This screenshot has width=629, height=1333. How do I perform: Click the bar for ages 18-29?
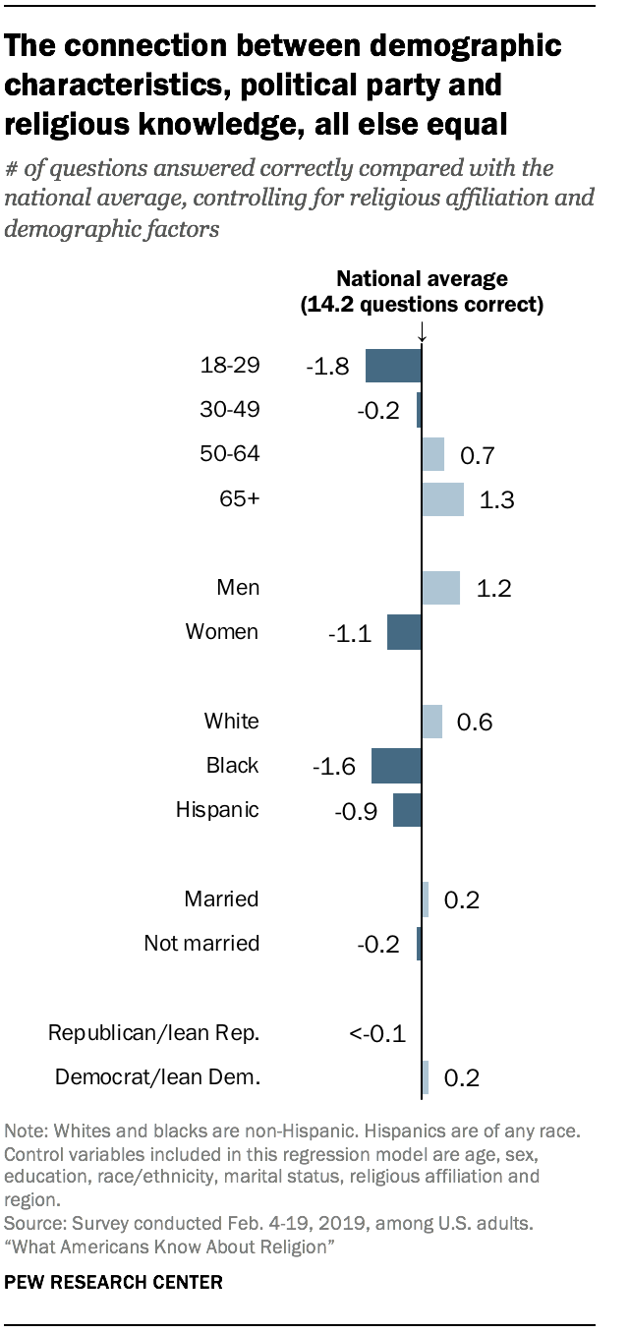393,366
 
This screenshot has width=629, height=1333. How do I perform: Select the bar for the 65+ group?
442,499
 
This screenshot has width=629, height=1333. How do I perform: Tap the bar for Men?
440,588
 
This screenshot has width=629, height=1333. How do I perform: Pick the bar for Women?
404,632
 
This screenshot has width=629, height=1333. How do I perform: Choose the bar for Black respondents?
396,766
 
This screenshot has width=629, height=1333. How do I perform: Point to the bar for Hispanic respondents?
407,810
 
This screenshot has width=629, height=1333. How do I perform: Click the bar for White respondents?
431,722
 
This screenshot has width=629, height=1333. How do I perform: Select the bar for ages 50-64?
432,454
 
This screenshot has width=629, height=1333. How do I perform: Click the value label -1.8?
327,367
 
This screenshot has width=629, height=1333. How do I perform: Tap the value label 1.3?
496,500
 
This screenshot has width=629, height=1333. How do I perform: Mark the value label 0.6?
474,723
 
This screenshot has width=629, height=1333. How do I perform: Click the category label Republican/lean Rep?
154,1033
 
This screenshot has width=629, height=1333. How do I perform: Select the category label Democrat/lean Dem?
157,1077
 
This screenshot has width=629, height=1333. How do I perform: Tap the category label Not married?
201,944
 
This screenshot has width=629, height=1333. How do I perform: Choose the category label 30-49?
229,410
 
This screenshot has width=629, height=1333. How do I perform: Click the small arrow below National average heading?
422,335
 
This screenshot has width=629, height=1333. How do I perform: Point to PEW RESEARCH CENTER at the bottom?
114,1283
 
